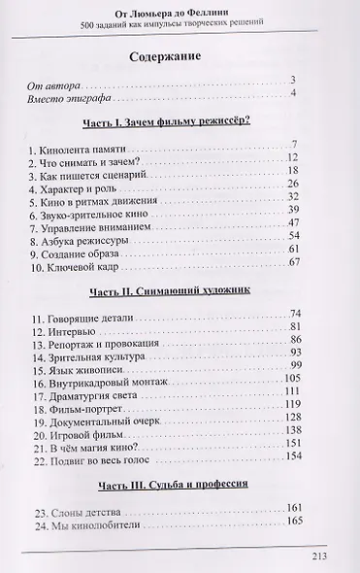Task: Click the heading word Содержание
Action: (x=179, y=56)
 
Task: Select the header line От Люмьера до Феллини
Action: (x=179, y=10)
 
